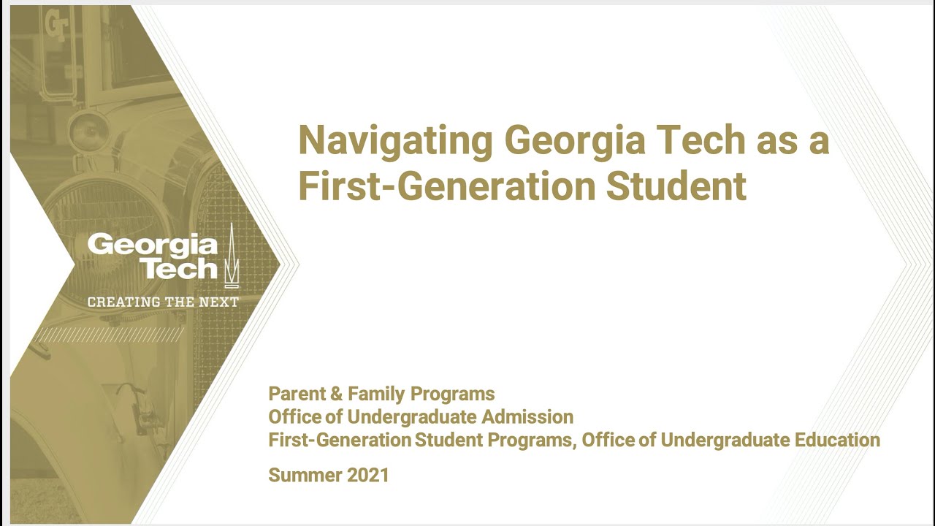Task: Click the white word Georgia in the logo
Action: click(152, 245)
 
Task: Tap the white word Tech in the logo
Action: click(180, 269)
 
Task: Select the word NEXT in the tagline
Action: click(219, 302)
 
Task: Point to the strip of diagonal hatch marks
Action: click(110, 335)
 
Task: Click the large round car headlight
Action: click(110, 212)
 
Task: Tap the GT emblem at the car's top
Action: click(56, 25)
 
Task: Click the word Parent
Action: click(297, 394)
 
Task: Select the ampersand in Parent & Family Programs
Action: click(336, 394)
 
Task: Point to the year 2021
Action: click(367, 476)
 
